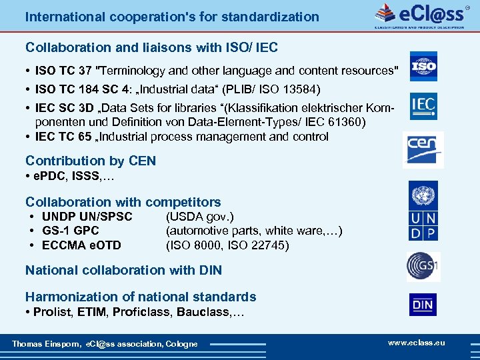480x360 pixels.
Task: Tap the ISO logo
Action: [x=423, y=67]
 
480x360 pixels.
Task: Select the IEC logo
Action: [x=423, y=105]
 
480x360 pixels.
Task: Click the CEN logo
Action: [x=423, y=149]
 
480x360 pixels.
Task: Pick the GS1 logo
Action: [x=423, y=267]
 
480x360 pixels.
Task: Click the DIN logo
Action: [x=423, y=305]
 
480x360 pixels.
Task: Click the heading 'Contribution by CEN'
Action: [x=91, y=161]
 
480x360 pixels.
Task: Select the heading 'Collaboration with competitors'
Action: [x=123, y=201]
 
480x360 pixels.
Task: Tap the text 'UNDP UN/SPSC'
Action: [x=87, y=217]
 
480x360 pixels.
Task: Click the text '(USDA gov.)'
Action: [x=199, y=217]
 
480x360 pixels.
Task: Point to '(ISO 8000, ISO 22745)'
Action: [x=227, y=245]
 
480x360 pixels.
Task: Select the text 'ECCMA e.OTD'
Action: [x=81, y=245]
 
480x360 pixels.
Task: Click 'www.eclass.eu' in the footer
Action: [x=416, y=343]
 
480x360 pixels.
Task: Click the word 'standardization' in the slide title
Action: [x=269, y=16]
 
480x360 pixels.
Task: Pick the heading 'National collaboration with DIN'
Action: [x=123, y=270]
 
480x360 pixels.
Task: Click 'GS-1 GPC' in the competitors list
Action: [x=71, y=231]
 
